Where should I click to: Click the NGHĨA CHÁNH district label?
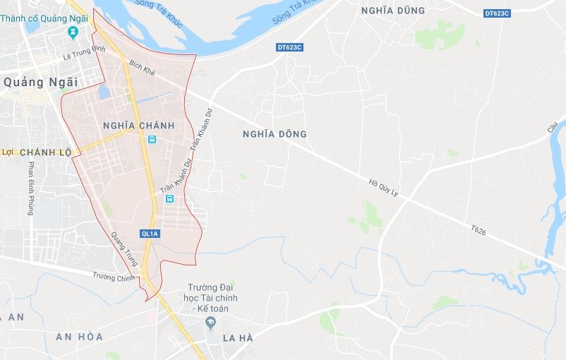138,126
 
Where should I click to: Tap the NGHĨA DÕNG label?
275,133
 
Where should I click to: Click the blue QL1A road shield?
150,234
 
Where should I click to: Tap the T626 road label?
479,230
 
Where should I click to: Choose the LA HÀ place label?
238,338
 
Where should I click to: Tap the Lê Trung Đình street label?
83,49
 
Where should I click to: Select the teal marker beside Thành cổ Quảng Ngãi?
73,32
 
